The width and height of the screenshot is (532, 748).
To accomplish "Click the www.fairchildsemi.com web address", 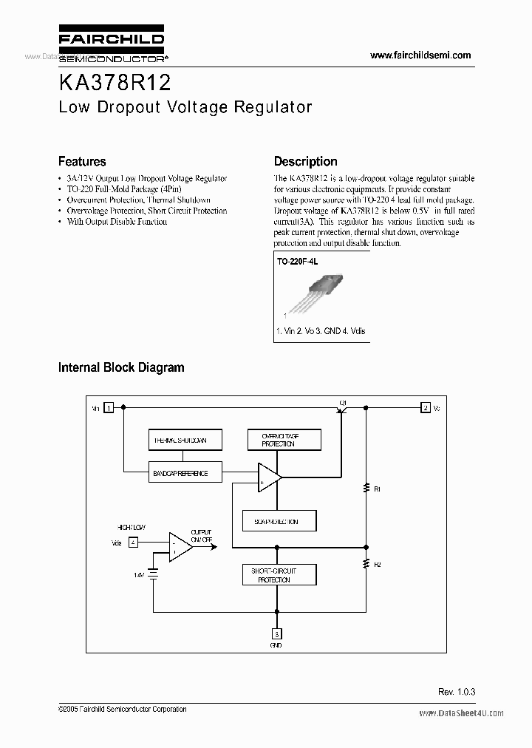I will (420, 55).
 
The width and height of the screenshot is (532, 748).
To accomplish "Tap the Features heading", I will (82, 161).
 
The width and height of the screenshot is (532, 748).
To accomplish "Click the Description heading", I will (305, 161).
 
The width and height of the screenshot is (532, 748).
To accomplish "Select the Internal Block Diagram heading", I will (121, 367).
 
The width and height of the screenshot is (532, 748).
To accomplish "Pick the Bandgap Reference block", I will (184, 473).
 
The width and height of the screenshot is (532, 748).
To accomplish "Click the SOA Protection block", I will (280, 521).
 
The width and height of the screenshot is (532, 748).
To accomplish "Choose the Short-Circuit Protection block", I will (280, 576).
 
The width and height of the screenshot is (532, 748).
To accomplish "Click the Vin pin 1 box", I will (109, 407).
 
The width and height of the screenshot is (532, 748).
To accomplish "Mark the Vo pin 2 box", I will (425, 407).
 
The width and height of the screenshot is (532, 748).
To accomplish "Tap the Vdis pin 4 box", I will (133, 542).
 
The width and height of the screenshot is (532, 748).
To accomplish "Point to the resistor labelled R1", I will (366, 488).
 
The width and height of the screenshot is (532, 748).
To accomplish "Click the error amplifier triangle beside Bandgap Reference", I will (267, 477).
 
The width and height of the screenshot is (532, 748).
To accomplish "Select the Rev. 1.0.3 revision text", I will (457, 691).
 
